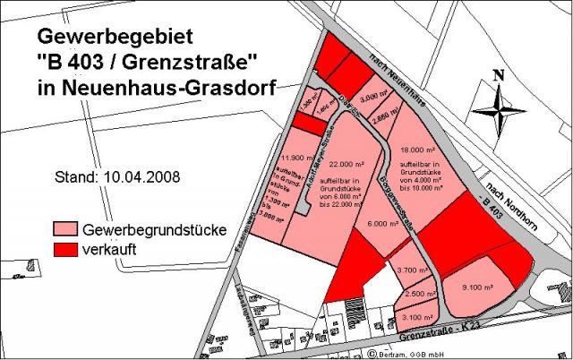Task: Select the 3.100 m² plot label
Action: pos(415,315)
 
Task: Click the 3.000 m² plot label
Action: pos(373,99)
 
